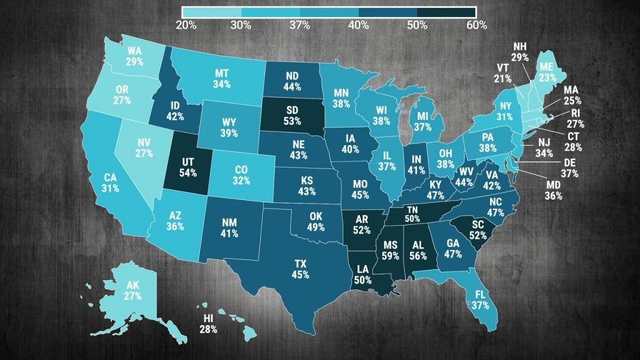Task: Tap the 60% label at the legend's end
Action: (x=476, y=25)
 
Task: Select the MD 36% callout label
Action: (x=553, y=190)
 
